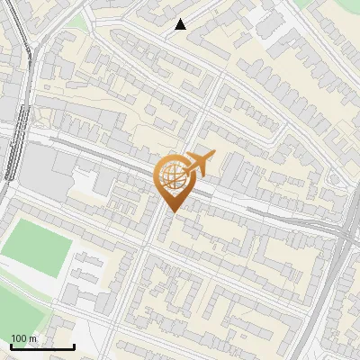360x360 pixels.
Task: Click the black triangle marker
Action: coord(180,24)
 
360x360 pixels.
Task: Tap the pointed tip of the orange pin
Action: coord(171,211)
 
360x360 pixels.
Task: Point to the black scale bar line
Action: coord(42,347)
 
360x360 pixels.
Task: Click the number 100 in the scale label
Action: coord(20,338)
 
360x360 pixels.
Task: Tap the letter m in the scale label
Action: coord(33,338)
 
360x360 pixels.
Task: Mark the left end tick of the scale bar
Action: coord(11,346)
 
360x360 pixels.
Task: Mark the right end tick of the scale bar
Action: coord(74,346)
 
